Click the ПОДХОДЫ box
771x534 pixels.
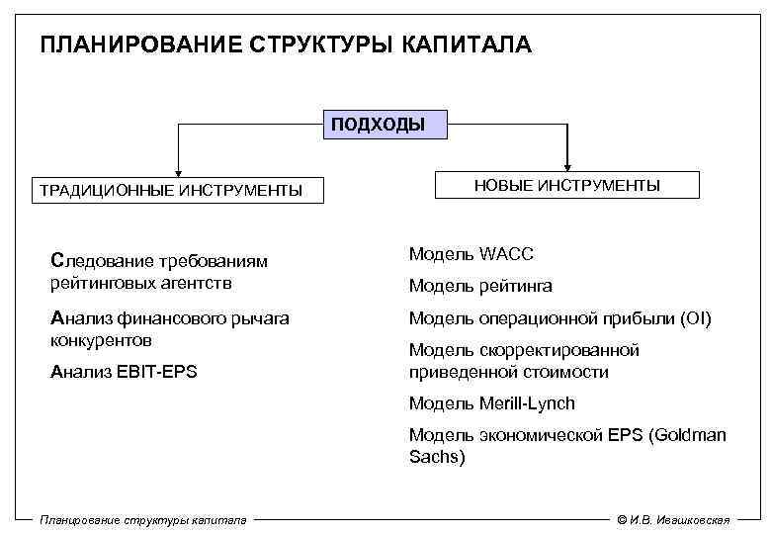tap(385, 125)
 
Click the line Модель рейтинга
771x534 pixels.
tap(480, 287)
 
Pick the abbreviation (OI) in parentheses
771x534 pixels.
tap(695, 318)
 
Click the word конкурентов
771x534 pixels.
tap(101, 340)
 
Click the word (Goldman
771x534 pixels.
tap(687, 435)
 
